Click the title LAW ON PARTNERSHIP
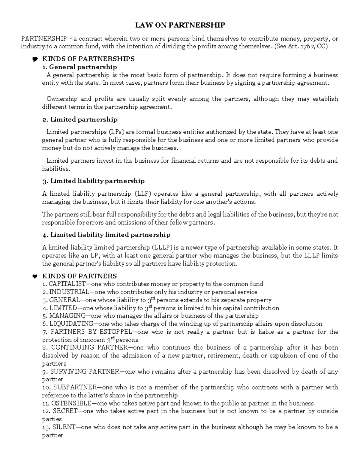180,25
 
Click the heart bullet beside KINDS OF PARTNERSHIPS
34,59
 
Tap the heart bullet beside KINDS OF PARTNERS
34,276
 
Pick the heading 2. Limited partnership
80,120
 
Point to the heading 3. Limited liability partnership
93,181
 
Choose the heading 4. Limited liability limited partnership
106,235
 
